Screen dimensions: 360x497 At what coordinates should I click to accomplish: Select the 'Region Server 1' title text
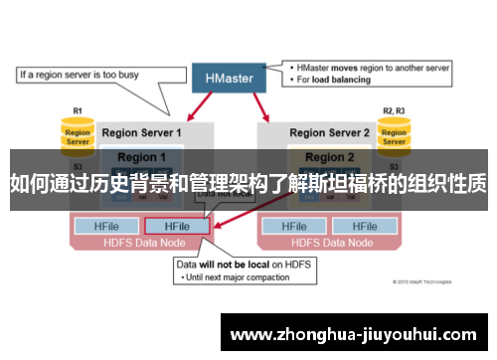pos(142,132)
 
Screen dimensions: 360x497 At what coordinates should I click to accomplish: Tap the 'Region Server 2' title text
pos(328,132)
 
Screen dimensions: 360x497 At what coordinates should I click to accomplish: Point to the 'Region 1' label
pos(142,157)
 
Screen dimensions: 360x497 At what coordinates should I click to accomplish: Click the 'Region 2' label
pos(328,157)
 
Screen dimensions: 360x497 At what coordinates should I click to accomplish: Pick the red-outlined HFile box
pos(177,227)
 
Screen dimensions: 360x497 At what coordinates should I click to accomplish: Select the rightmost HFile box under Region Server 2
pos(364,227)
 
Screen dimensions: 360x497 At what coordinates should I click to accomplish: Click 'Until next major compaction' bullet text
pos(237,277)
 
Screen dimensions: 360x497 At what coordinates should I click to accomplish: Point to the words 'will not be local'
pos(230,265)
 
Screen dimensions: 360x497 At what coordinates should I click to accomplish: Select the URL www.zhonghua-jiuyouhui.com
pos(357,332)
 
